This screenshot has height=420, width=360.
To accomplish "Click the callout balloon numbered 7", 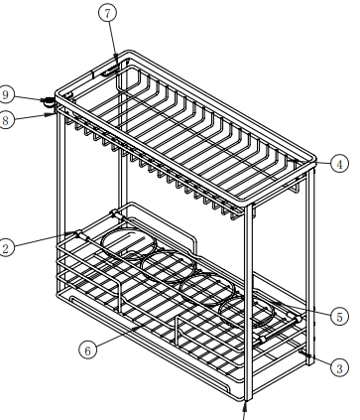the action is point(108,13).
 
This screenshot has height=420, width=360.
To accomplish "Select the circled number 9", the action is point(6,95).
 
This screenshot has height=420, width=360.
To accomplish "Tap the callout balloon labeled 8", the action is point(6,120).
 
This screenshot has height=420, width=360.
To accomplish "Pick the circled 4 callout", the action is point(339,164).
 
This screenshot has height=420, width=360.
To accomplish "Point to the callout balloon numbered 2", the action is point(6,248).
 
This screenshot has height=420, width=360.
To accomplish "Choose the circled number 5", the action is point(339,317).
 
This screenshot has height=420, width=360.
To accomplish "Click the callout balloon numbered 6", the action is point(87,350).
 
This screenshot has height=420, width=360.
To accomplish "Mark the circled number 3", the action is point(339,367).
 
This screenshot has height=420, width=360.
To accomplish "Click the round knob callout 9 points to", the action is point(49,102).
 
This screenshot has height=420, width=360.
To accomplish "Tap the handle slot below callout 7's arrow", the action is point(110,70).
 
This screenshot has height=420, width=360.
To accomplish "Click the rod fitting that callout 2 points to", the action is point(80,235).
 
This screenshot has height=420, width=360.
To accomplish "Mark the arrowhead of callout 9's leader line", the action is point(45,99).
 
